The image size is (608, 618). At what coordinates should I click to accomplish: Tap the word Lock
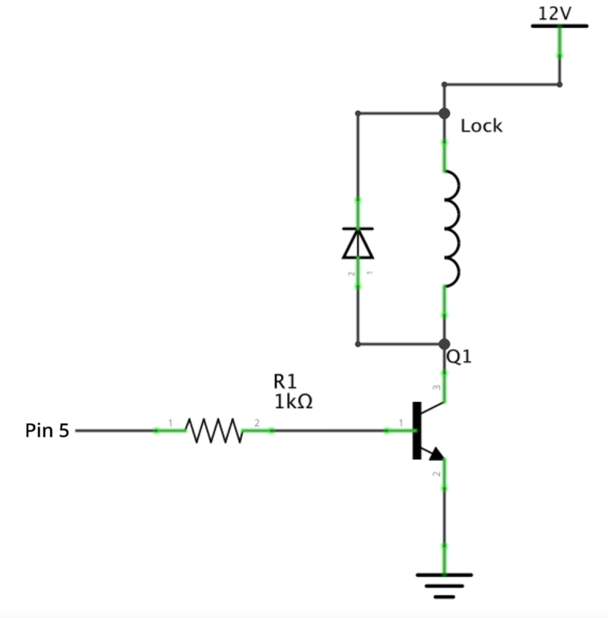click(x=481, y=126)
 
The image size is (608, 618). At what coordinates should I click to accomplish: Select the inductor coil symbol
click(x=451, y=228)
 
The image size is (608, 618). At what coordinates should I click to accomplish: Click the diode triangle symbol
click(x=358, y=243)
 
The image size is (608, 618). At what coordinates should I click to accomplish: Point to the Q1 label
click(x=458, y=356)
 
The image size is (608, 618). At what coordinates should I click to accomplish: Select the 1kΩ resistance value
click(x=293, y=402)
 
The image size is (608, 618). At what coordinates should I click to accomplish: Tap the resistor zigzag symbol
click(x=214, y=431)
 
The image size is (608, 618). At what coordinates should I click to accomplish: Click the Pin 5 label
click(x=47, y=431)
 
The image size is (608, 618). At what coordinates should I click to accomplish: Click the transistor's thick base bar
click(x=416, y=431)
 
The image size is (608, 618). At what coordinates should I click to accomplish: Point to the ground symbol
click(x=445, y=582)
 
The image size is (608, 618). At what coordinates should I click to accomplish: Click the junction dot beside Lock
click(x=445, y=114)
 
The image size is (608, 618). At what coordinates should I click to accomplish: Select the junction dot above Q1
click(x=445, y=344)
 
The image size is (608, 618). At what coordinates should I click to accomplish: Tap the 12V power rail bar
click(x=559, y=26)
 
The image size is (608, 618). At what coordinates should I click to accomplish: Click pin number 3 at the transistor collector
click(x=436, y=388)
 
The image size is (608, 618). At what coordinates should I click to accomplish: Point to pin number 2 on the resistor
click(x=257, y=422)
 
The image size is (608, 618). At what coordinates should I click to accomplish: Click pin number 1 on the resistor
click(x=170, y=422)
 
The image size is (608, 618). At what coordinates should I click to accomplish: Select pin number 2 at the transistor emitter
click(x=436, y=474)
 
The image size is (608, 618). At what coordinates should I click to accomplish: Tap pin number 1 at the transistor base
click(x=401, y=422)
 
